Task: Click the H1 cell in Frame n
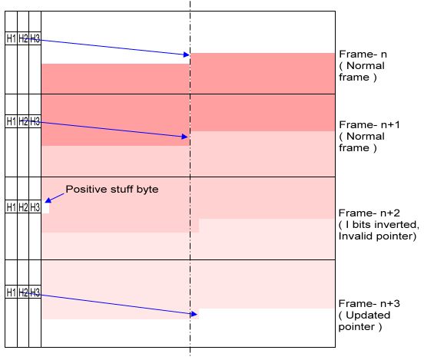[x=11, y=38]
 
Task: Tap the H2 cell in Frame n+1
[x=23, y=121]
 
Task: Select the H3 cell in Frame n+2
[x=35, y=207]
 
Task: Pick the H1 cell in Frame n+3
[x=11, y=292]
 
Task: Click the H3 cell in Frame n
[x=35, y=38]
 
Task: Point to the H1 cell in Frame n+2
[x=11, y=207]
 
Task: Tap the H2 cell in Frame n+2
[x=23, y=207]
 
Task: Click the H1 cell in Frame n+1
[x=11, y=121]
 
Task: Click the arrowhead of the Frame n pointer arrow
[x=187, y=54]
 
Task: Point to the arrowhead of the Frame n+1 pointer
[x=185, y=137]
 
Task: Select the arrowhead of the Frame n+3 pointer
[x=194, y=314]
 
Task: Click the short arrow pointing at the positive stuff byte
[x=55, y=198]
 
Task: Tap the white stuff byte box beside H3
[x=45, y=208]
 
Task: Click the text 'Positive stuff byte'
[x=112, y=189]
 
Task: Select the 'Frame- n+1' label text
[x=369, y=125]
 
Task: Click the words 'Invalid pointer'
[x=377, y=236]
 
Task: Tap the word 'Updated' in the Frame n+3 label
[x=368, y=315]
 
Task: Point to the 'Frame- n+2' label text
[x=369, y=213]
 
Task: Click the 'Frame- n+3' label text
[x=369, y=303]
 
